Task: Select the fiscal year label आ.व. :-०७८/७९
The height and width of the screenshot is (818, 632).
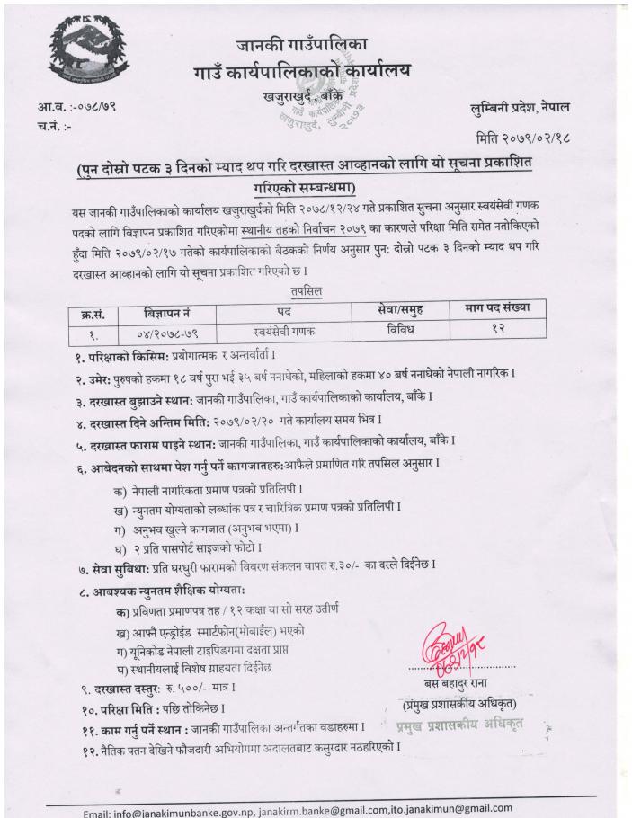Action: pos(76,108)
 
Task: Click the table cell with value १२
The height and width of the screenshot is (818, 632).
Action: pos(496,328)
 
